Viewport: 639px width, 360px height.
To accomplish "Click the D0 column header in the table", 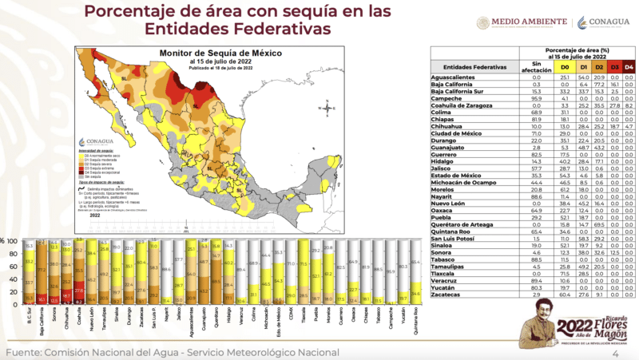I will tap(564, 66).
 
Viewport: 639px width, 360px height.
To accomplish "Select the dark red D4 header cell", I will tap(629, 66).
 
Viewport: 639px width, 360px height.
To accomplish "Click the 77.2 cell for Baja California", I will tap(596, 84).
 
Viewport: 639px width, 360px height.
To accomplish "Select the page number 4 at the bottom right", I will tap(615, 353).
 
